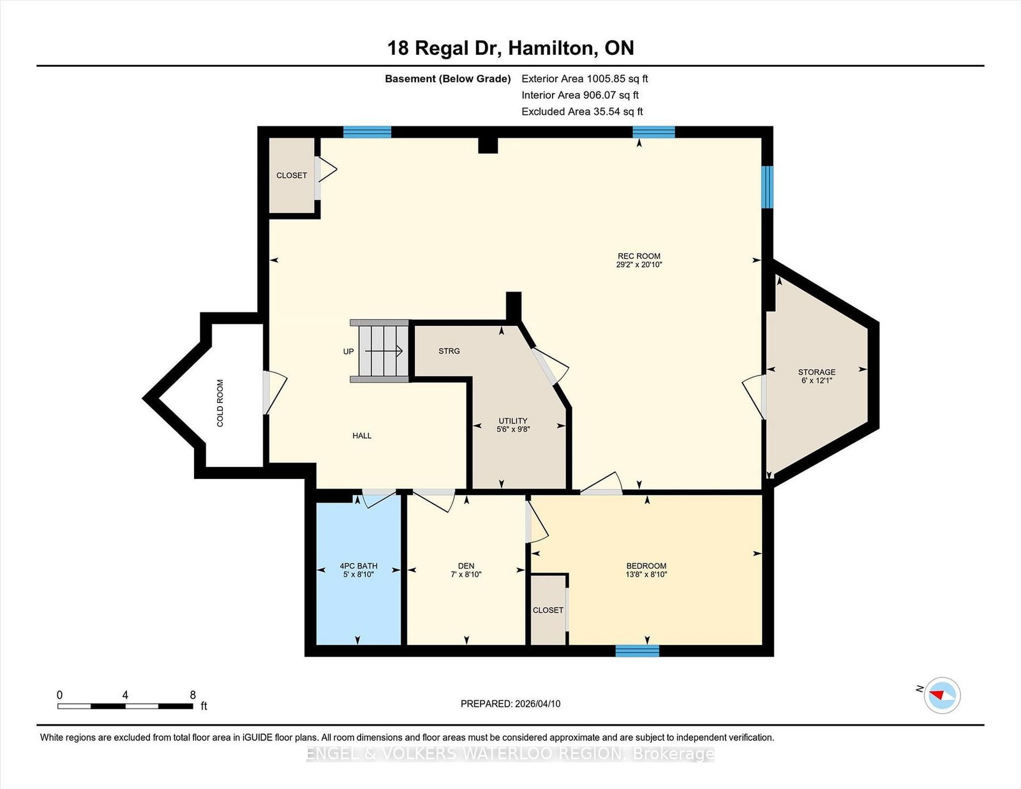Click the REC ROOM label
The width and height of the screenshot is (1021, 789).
tap(639, 256)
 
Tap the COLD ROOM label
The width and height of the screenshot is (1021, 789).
tap(220, 403)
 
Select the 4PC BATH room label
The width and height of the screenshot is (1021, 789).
tap(359, 566)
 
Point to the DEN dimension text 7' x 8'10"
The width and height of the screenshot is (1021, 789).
tap(466, 575)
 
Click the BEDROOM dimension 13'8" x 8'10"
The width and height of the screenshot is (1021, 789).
tap(646, 575)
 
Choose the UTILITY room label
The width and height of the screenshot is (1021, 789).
tap(513, 421)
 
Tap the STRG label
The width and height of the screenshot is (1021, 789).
tap(449, 351)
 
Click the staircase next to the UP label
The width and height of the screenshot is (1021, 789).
tap(380, 351)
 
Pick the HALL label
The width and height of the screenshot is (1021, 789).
tap(362, 436)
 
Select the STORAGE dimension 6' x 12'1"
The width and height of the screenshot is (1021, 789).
tap(817, 380)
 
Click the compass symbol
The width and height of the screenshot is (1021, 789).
tap(942, 695)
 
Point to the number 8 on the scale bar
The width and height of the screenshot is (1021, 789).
tap(193, 695)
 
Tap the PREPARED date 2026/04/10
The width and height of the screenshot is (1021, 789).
tap(537, 704)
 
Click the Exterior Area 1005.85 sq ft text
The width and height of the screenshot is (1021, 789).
tap(585, 79)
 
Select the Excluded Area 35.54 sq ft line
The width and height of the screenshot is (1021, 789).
tap(582, 112)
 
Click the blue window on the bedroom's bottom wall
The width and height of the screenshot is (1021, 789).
tap(637, 651)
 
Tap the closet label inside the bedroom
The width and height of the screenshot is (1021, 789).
tap(548, 610)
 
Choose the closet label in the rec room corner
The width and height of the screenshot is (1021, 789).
tap(292, 175)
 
